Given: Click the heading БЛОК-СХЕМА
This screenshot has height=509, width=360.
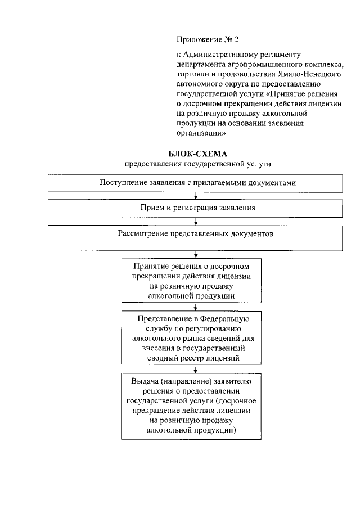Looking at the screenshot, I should tap(197, 154).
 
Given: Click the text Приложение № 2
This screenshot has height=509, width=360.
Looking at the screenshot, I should tap(208, 39).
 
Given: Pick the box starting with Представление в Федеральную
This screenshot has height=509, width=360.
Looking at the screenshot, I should tap(193, 338).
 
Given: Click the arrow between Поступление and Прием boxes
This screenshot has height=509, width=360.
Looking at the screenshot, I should tap(195, 196).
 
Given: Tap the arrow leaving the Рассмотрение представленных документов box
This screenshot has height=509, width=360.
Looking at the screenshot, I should tap(195, 254).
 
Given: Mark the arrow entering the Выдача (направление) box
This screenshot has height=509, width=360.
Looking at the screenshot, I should tap(195, 369).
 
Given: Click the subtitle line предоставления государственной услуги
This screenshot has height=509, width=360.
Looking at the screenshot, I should tap(197, 164).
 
